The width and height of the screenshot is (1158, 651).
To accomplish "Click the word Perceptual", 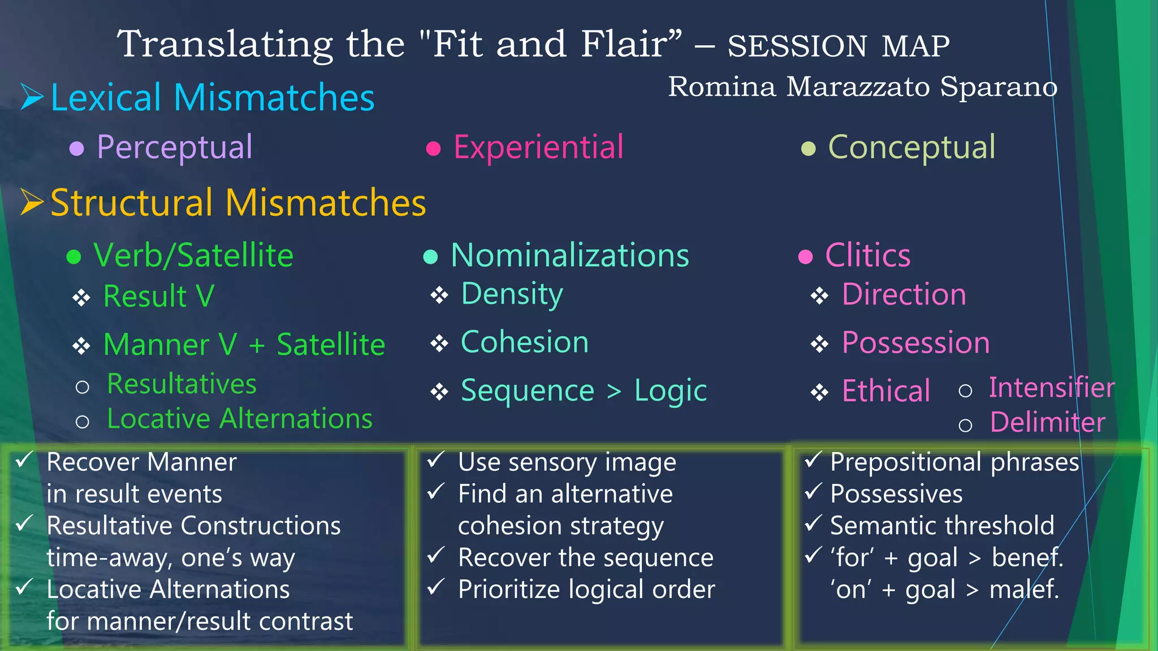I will (x=174, y=147).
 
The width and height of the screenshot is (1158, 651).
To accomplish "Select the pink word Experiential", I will (x=538, y=147).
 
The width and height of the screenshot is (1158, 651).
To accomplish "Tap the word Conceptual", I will (x=911, y=147).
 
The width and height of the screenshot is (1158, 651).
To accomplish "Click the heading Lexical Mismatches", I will (x=213, y=98).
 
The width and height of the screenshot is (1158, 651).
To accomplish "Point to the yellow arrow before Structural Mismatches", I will (x=32, y=202).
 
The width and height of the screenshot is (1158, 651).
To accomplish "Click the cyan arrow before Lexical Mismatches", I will (x=32, y=97).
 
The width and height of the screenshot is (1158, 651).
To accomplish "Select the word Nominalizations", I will (x=570, y=255).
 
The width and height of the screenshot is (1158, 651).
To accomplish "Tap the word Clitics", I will (x=867, y=255).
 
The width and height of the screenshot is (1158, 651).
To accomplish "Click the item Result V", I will (x=158, y=296).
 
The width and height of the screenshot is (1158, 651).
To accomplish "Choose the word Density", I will (x=512, y=294).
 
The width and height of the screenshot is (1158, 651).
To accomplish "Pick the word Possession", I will (x=915, y=343).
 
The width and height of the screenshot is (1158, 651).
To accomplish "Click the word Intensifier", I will (x=1051, y=388).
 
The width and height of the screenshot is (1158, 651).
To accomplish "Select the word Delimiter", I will (x=1047, y=423).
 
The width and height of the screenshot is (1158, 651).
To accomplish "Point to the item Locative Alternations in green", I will (x=240, y=419).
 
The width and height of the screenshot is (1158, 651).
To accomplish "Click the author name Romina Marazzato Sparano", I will (x=862, y=87).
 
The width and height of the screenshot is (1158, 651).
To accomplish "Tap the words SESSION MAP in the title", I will (x=838, y=46).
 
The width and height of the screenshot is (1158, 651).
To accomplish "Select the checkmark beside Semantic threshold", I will (x=813, y=523).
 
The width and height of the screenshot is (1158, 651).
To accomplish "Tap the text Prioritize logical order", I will (x=586, y=589).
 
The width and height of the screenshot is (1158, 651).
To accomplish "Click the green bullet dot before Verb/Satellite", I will (x=74, y=257).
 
